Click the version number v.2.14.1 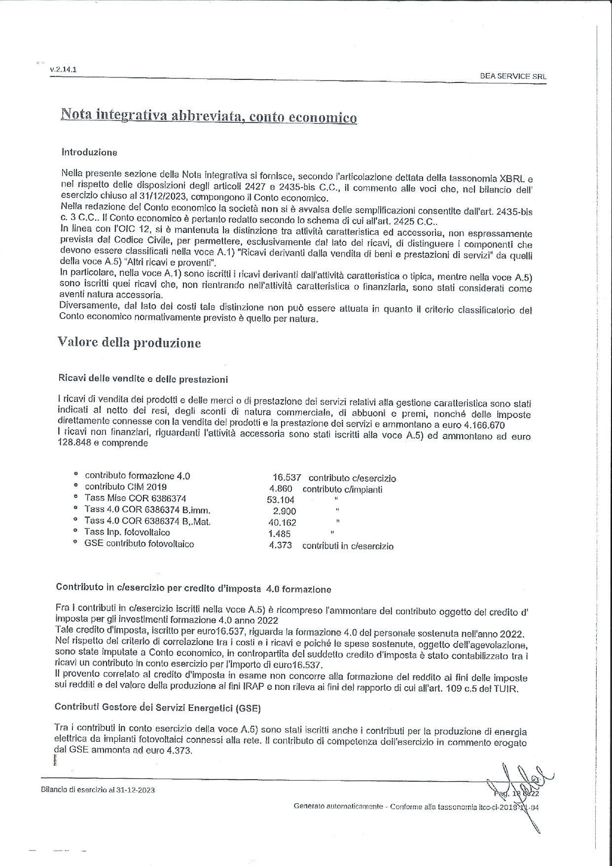(x=63, y=70)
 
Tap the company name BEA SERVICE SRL (x=513, y=76)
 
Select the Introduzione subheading (x=89, y=152)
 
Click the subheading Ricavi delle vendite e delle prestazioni (x=143, y=379)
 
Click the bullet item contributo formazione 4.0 (x=137, y=476)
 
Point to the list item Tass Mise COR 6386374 (x=135, y=498)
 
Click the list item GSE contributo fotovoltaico (x=139, y=544)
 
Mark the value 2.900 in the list (x=284, y=511)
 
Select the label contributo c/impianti (x=342, y=489)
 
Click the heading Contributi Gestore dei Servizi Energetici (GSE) (x=158, y=707)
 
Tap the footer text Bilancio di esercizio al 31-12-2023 (x=98, y=790)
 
